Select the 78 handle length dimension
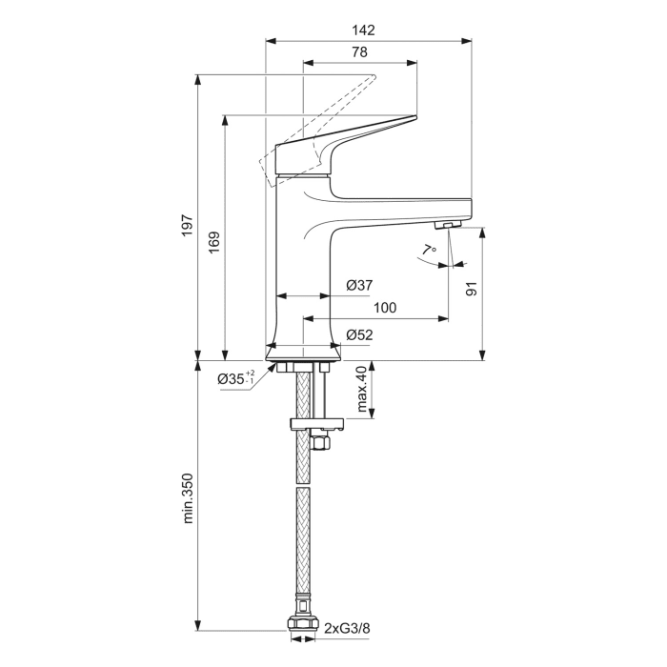pyautogui.click(x=361, y=51)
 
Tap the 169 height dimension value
pyautogui.click(x=214, y=242)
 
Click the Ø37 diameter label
pyautogui.click(x=358, y=286)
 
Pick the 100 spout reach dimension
pyautogui.click(x=385, y=308)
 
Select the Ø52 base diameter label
pyautogui.click(x=358, y=334)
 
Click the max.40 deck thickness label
pyautogui.click(x=361, y=391)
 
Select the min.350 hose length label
pyautogui.click(x=188, y=498)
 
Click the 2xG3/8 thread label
pyautogui.click(x=350, y=629)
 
